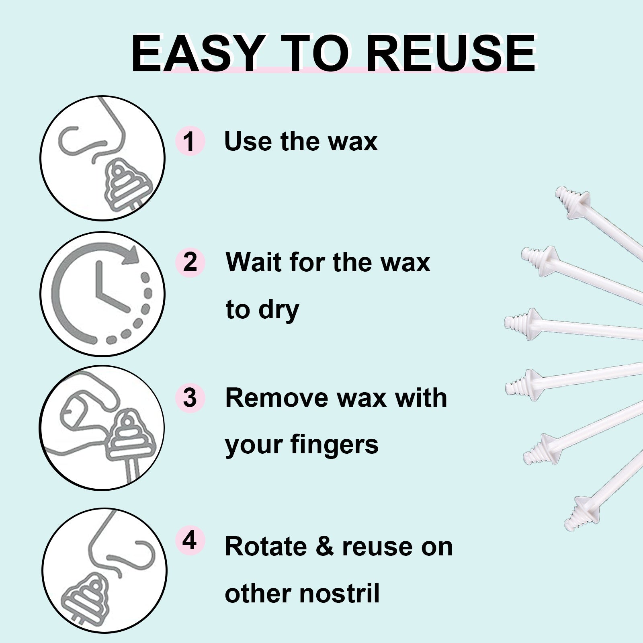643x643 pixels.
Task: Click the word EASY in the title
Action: tap(195, 53)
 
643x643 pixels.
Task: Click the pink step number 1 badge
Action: tap(190, 141)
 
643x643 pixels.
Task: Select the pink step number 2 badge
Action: tap(190, 262)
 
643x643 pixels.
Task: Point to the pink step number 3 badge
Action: tap(190, 397)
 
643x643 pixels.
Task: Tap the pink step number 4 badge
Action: tap(190, 541)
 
